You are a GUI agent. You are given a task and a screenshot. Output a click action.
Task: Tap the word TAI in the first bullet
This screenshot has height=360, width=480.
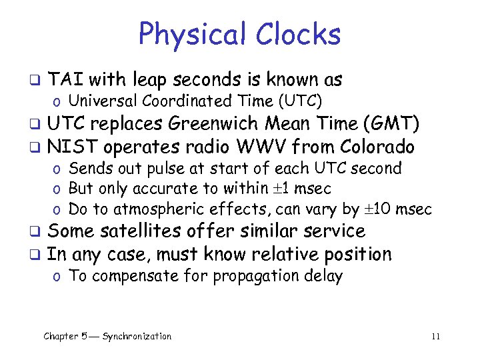66,80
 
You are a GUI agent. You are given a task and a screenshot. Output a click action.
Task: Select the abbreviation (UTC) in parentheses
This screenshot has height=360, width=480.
299,101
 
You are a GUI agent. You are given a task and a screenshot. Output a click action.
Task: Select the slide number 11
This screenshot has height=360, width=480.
435,337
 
